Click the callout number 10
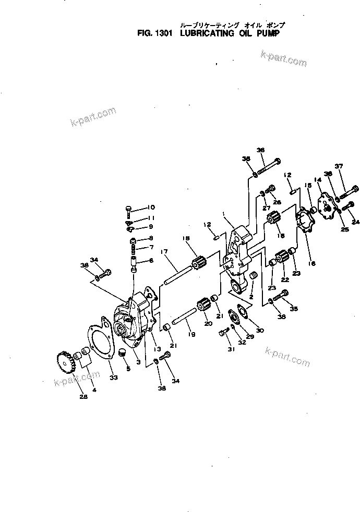tap(137, 208)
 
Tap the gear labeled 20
tap(202, 304)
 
